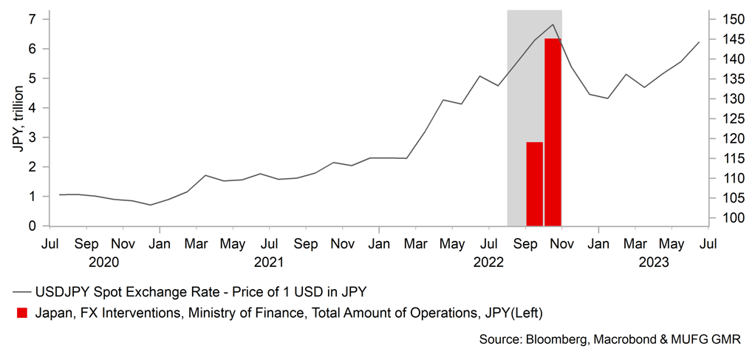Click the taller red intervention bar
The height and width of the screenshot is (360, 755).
[553, 132]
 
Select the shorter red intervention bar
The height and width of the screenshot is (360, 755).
[534, 183]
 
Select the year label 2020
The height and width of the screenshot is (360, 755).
[103, 261]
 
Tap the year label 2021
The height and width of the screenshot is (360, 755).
[269, 261]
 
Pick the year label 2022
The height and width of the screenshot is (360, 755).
[488, 261]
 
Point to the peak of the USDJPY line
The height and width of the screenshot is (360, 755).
[553, 24]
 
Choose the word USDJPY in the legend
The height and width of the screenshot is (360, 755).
[66, 291]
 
